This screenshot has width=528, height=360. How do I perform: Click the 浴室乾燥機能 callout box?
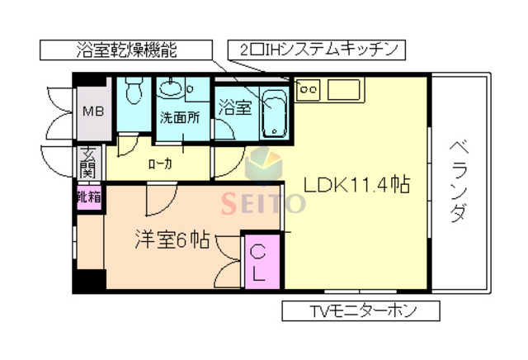pyautogui.click(x=130, y=49)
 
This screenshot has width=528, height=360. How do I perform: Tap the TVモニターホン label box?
pyautogui.click(x=361, y=311)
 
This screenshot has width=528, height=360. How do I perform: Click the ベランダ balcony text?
pyautogui.click(x=460, y=181)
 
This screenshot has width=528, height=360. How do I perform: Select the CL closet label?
pyautogui.click(x=258, y=263)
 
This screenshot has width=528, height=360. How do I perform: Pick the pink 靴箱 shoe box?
pyautogui.click(x=88, y=197)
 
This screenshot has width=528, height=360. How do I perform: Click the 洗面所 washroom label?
pyautogui.click(x=179, y=116)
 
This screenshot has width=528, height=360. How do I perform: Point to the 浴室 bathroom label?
pyautogui.click(x=234, y=107)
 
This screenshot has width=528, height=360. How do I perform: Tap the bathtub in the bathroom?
pyautogui.click(x=273, y=118)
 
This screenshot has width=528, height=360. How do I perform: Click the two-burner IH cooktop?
pyautogui.click(x=308, y=86)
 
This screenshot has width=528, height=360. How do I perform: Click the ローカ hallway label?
pyautogui.click(x=160, y=163)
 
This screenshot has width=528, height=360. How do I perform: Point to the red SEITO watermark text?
pyautogui.click(x=262, y=201)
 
